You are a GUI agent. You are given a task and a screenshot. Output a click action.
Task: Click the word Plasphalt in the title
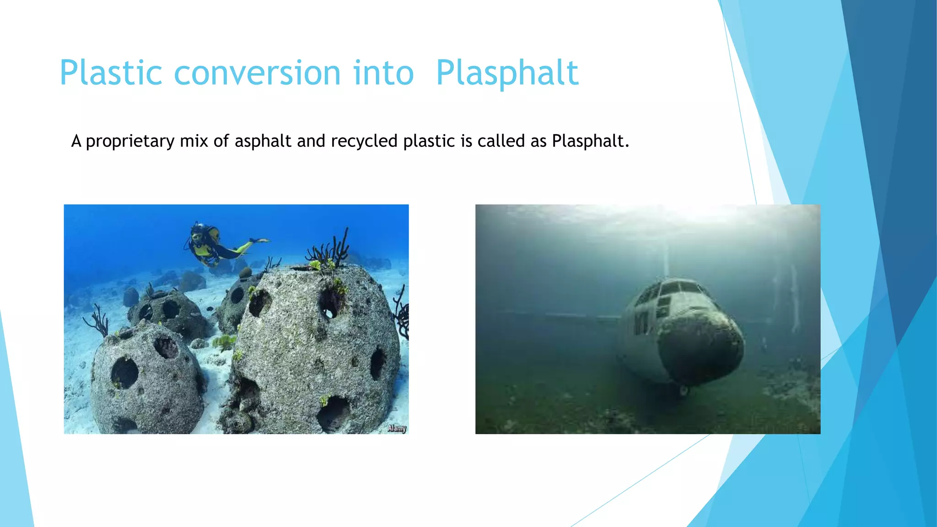(507, 73)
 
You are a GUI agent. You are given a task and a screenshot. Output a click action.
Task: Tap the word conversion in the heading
(257, 73)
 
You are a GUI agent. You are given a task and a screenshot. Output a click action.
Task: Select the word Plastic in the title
(111, 73)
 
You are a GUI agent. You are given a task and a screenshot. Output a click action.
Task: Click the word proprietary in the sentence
(130, 141)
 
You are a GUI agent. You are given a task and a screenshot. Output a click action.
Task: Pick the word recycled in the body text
(364, 141)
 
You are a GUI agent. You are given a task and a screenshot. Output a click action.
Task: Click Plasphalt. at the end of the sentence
(590, 141)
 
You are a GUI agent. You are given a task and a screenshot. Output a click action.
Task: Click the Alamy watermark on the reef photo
(397, 428)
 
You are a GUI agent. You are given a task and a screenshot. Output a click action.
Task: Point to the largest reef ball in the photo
(316, 348)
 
